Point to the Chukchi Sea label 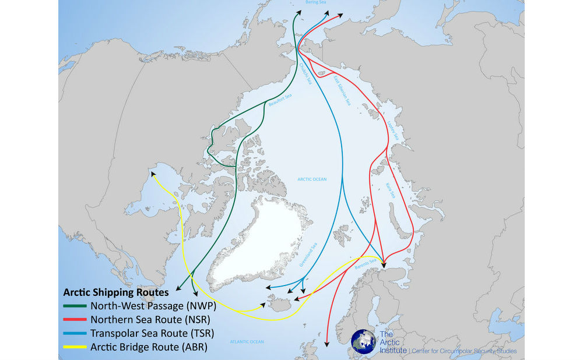(x=307, y=75)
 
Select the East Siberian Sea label (x=342, y=90)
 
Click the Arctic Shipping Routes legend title (x=115, y=291)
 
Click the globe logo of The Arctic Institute (x=363, y=343)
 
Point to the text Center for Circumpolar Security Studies (x=464, y=351)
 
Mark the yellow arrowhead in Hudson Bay (x=153, y=173)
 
